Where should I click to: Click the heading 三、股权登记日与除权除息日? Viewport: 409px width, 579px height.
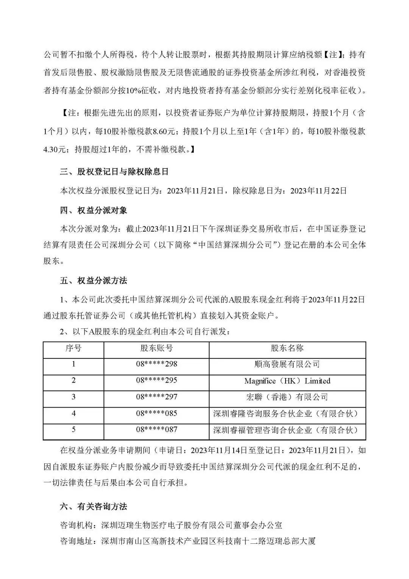(x=114, y=172)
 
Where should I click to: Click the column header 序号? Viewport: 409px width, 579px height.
(x=73, y=348)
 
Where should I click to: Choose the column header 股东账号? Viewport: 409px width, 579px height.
(x=156, y=348)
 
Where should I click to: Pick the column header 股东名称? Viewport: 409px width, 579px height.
(x=287, y=348)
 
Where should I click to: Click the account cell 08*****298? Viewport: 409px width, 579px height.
(x=156, y=364)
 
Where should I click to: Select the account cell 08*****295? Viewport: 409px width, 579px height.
(x=156, y=380)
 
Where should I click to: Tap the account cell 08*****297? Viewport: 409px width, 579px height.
(x=156, y=397)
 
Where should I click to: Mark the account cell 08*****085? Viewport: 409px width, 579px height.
(x=156, y=413)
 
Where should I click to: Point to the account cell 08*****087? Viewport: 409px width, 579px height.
(x=156, y=430)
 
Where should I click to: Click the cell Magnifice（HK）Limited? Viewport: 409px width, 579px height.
(x=287, y=381)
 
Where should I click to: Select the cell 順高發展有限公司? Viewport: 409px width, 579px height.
(x=287, y=364)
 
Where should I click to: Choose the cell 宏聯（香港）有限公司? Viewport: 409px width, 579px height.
(x=287, y=397)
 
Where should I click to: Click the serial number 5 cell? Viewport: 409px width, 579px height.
(x=73, y=430)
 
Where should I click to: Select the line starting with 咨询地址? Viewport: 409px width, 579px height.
(x=188, y=541)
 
